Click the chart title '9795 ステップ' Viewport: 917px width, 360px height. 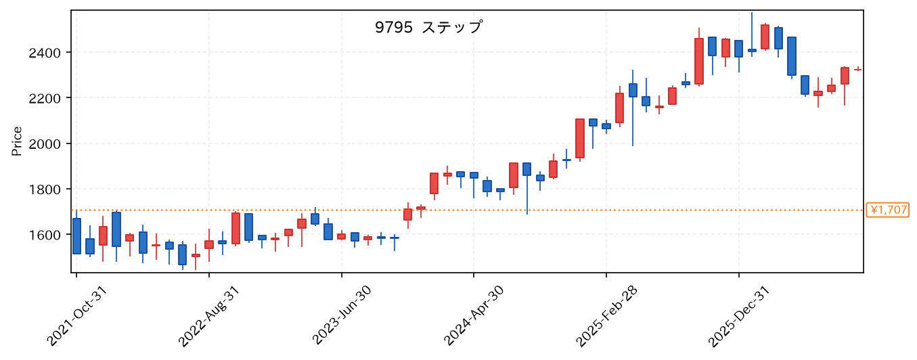(x=428, y=28)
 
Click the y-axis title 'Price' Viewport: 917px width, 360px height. (x=17, y=141)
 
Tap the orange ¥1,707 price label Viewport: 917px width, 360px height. (x=887, y=210)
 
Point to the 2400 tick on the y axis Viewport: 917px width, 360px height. (x=45, y=53)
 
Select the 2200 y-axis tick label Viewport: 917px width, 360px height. (x=45, y=98)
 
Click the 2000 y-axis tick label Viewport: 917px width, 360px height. (x=45, y=143)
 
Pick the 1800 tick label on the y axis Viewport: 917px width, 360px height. (x=45, y=189)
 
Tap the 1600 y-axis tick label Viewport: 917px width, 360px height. (x=45, y=235)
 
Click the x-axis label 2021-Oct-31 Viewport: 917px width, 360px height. (x=76, y=316)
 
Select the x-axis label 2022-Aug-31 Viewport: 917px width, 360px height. (x=209, y=316)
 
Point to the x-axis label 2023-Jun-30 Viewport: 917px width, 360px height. (x=341, y=316)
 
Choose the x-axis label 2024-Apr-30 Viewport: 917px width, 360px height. (x=474, y=316)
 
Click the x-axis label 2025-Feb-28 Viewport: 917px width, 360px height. (x=606, y=316)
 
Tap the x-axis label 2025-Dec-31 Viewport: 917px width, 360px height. (x=739, y=316)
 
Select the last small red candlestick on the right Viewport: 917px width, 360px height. (x=857, y=70)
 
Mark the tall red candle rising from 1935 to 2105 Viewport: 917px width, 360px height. (x=580, y=139)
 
